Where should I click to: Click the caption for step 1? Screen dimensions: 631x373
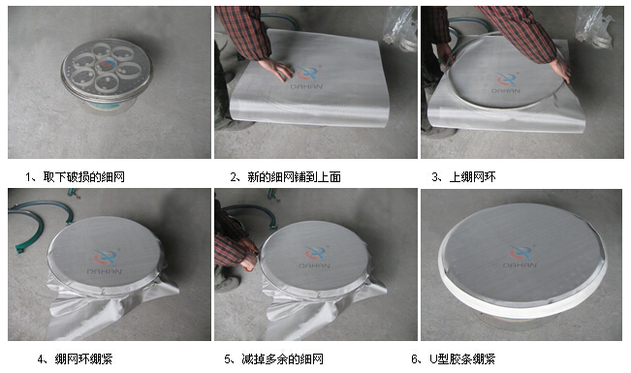(75, 176)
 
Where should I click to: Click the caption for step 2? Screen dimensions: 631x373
(285, 176)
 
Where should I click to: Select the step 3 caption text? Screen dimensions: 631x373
(463, 176)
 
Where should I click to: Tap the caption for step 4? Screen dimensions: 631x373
(75, 358)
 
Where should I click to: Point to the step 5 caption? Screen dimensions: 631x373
(273, 358)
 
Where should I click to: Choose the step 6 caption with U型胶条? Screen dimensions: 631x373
(453, 358)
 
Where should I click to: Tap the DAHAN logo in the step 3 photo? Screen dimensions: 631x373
(506, 82)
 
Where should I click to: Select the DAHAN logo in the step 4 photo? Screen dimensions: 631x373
(105, 262)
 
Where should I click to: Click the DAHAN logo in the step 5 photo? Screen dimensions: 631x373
(315, 257)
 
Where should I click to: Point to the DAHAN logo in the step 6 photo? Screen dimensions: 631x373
(520, 256)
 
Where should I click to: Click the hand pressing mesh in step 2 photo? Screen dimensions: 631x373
(277, 69)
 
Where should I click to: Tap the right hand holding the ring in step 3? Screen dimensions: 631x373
(561, 70)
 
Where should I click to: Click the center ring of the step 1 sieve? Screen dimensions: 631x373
(107, 64)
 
